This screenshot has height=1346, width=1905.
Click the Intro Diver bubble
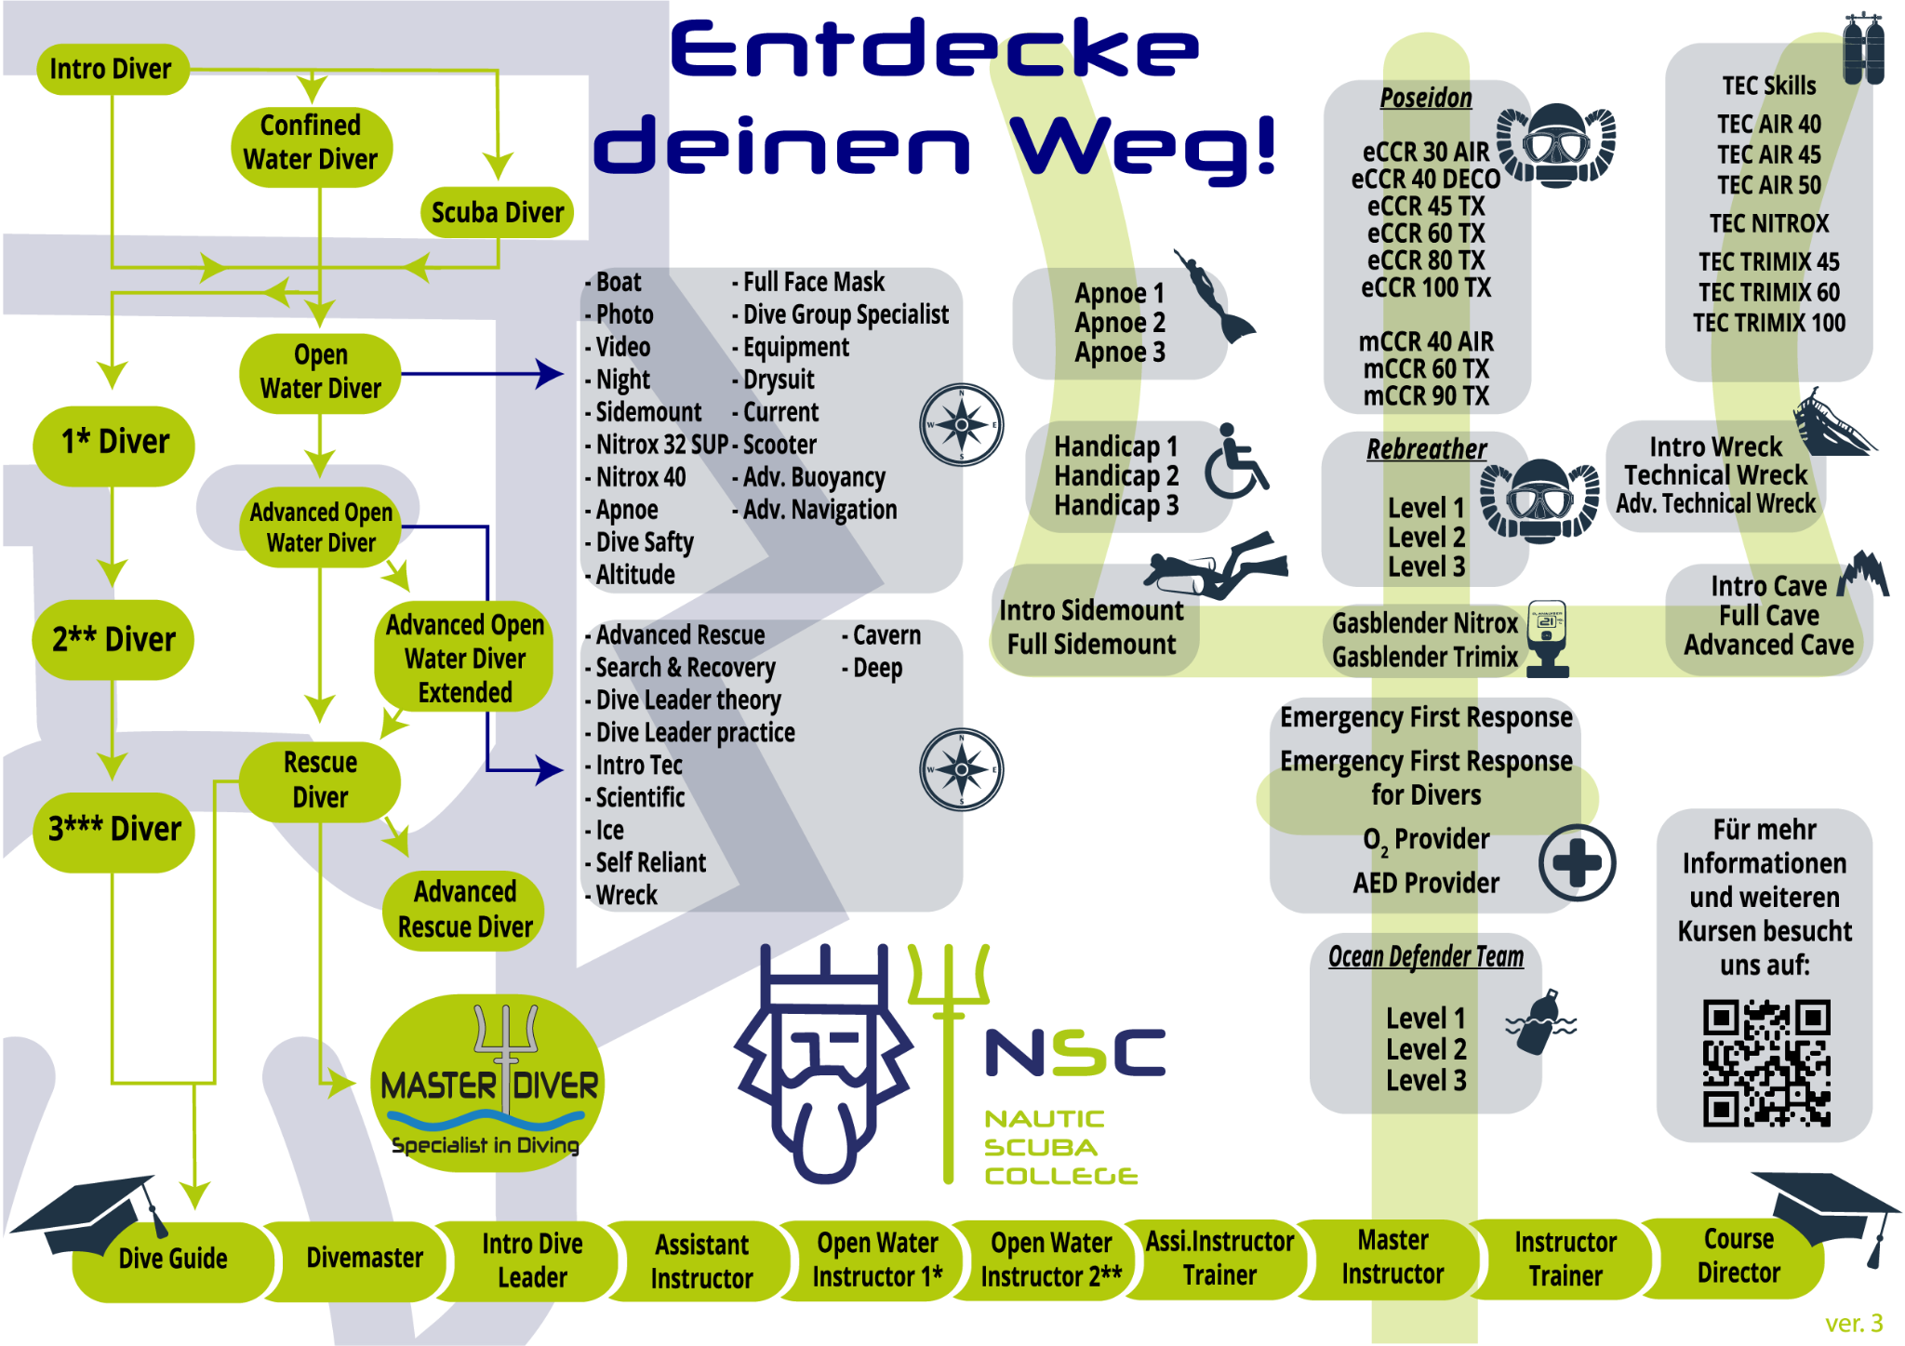pos(112,69)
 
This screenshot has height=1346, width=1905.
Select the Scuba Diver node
pos(497,212)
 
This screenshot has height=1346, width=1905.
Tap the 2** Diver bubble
pos(113,639)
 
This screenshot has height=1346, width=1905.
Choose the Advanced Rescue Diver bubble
pos(464,910)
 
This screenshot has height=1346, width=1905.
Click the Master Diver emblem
pos(487,1084)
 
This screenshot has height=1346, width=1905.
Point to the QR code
pos(1765,1062)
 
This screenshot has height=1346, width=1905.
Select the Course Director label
pos(1738,1256)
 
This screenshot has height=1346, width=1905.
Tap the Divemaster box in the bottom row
pos(364,1259)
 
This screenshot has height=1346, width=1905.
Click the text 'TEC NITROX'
pos(1768,223)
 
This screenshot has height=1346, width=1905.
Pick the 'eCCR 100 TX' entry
pos(1425,287)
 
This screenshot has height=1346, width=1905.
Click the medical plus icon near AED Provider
pos(1577,862)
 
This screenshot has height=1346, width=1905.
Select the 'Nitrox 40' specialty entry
pos(640,477)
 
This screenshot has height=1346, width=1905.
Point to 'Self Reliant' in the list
pos(650,863)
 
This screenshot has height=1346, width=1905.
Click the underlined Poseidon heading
pos(1425,98)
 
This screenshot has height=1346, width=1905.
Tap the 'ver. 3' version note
pos(1853,1323)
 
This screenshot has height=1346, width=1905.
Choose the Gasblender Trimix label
pos(1424,657)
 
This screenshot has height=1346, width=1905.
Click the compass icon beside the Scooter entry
pos(961,425)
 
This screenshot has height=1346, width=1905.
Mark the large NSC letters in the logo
pos(1074,1053)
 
